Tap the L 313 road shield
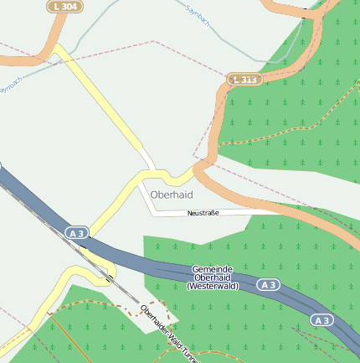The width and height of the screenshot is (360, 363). pos(244,79)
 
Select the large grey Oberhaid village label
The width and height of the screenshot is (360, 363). pos(172,194)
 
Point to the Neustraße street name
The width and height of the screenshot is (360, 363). pos(203,213)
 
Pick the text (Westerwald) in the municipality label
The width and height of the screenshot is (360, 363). pos(213,286)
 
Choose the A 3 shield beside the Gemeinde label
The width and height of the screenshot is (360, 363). pos(267,285)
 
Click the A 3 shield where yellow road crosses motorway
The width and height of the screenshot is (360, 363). pos(76,232)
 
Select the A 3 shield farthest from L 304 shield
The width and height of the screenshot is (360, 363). pos(321,319)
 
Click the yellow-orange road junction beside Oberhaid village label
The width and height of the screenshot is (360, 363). pos(194,172)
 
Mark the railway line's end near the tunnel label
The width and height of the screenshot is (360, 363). pos(137,299)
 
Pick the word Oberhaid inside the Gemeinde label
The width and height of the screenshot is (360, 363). pos(212,277)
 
